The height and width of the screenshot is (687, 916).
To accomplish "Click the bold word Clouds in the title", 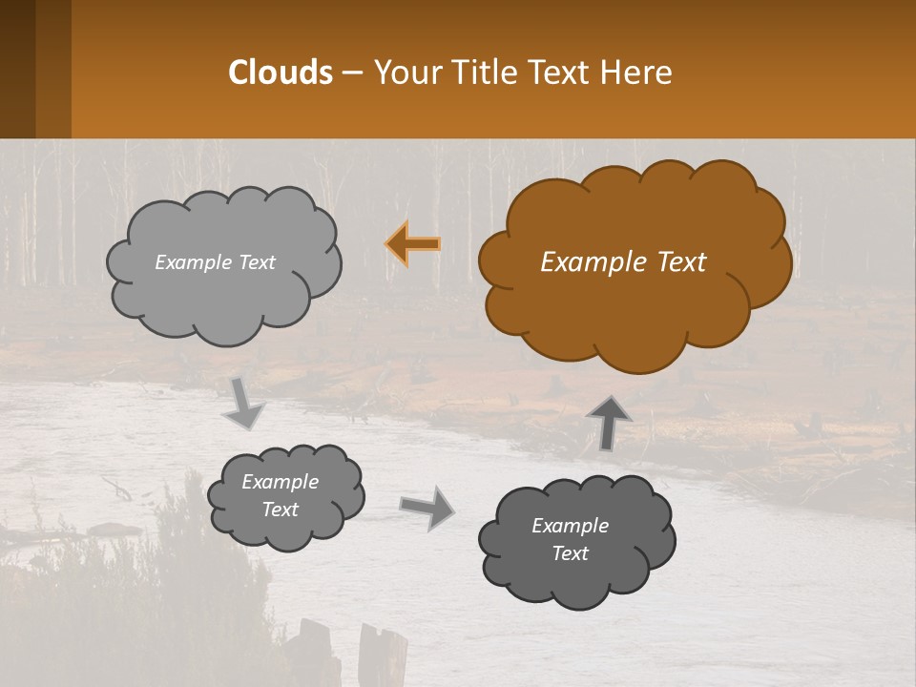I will [280, 73].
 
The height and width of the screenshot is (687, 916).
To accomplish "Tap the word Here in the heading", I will [637, 73].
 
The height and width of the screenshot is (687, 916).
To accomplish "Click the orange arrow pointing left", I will [413, 244].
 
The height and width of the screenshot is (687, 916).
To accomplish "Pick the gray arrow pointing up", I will [609, 423].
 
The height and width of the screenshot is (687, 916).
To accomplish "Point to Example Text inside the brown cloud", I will [623, 262].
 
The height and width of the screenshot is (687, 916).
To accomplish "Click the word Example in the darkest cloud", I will [570, 526].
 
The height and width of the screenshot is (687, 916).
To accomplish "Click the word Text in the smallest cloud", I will [280, 510].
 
